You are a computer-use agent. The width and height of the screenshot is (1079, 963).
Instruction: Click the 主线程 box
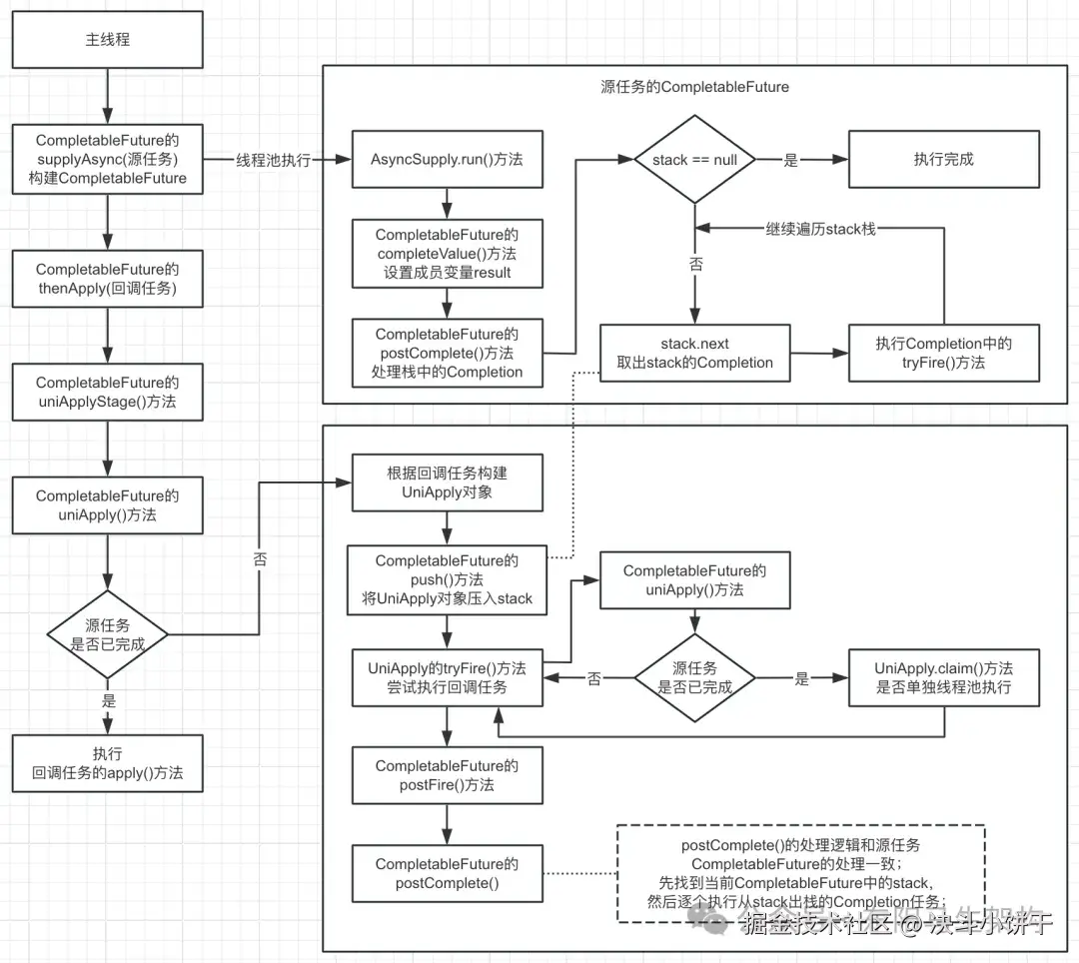tap(107, 41)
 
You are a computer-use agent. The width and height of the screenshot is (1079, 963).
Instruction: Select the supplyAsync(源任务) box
tap(107, 159)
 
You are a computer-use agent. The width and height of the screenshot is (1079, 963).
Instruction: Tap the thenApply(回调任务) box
tap(107, 279)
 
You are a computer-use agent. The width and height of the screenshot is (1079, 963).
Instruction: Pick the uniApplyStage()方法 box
tap(107, 393)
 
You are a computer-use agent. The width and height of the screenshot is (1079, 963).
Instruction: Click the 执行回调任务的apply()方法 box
tap(107, 763)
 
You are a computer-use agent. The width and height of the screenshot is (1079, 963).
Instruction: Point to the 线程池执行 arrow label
tap(273, 160)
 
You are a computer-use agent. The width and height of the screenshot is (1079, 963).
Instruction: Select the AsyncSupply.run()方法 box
tap(447, 160)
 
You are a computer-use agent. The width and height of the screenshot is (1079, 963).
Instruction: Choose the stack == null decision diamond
tap(694, 160)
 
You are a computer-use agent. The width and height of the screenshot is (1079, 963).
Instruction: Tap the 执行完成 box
tap(943, 160)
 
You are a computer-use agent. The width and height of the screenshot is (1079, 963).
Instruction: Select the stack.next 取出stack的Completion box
tap(694, 353)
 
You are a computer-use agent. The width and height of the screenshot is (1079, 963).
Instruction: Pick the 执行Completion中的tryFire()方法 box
tap(943, 353)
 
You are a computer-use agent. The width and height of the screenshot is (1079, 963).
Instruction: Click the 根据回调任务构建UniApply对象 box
tap(447, 482)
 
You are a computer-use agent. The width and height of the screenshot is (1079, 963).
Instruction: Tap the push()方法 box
tap(447, 579)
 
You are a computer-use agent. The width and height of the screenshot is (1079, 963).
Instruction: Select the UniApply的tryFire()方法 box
tap(447, 677)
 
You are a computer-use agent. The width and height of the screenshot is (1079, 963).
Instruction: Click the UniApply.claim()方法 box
tap(943, 677)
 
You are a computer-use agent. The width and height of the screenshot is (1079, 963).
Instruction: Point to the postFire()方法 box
tap(447, 775)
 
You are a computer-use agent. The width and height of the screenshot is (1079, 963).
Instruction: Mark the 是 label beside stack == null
tap(790, 160)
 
